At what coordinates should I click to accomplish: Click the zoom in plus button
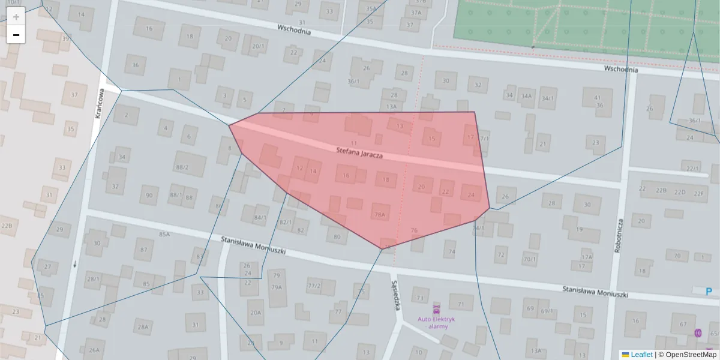click(x=16, y=17)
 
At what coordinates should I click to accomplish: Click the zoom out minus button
click(x=16, y=35)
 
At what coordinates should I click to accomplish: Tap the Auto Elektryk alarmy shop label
click(x=436, y=323)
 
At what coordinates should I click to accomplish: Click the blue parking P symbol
click(x=709, y=292)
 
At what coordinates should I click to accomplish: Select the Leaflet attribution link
click(x=641, y=355)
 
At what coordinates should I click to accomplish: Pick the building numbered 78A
click(x=380, y=214)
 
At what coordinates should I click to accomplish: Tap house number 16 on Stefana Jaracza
click(x=346, y=175)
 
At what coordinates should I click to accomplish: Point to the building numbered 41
click(x=597, y=98)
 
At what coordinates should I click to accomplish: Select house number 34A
click(x=526, y=96)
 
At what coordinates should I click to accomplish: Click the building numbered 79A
click(x=276, y=287)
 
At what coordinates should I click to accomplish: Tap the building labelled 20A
click(x=256, y=313)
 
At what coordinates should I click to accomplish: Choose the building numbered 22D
click(x=679, y=192)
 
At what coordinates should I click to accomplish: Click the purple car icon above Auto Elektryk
click(x=436, y=311)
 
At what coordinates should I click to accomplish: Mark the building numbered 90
click(x=149, y=195)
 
